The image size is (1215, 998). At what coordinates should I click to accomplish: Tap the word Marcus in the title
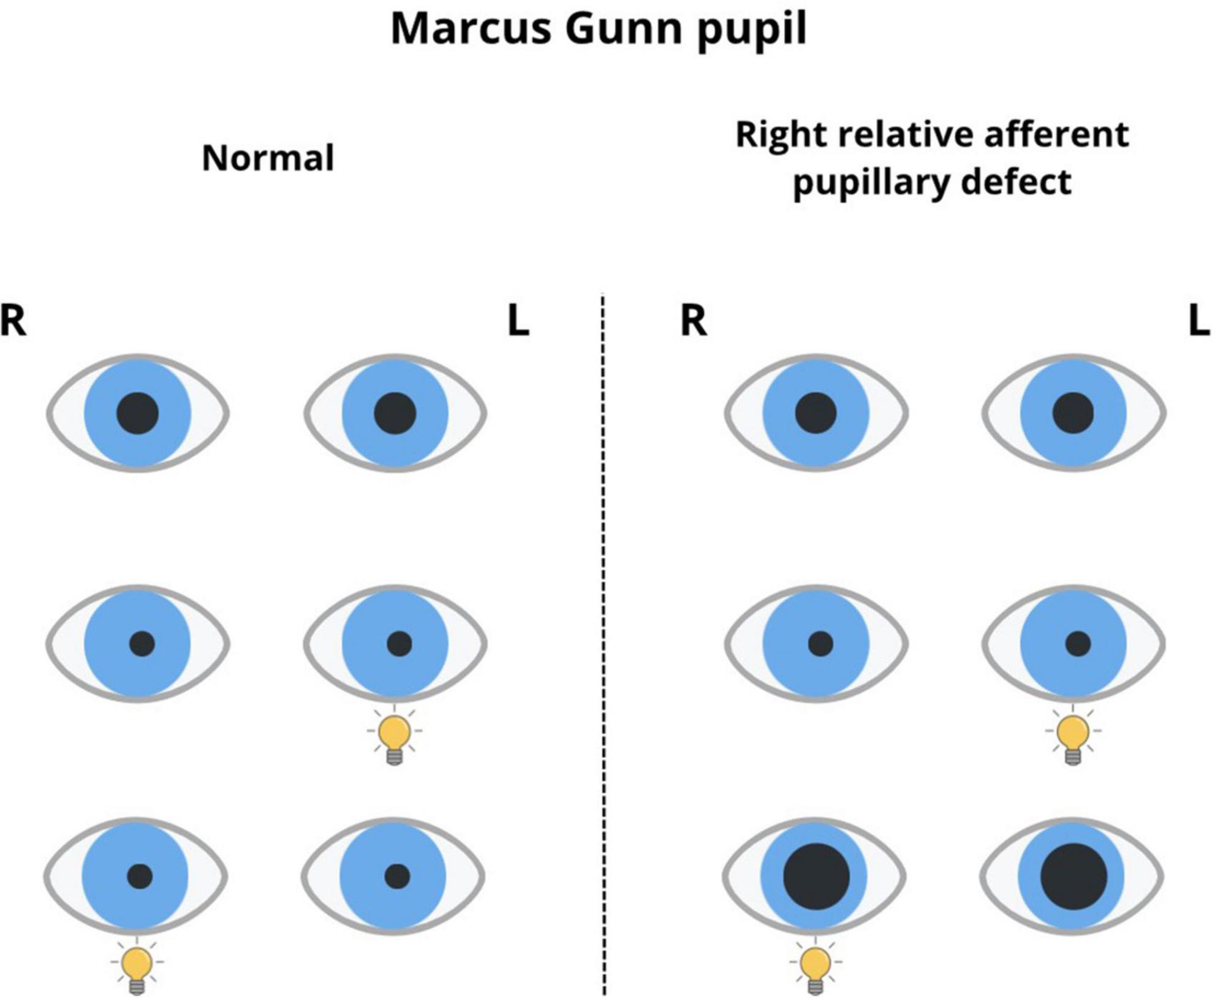pyautogui.click(x=471, y=28)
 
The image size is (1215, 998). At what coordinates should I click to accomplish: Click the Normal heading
pyautogui.click(x=268, y=158)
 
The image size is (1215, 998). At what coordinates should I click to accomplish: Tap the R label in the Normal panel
pyautogui.click(x=13, y=321)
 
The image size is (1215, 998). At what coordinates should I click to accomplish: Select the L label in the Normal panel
pyautogui.click(x=518, y=321)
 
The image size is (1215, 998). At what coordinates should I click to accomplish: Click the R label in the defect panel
pyautogui.click(x=694, y=321)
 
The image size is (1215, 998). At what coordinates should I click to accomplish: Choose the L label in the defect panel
pyautogui.click(x=1198, y=321)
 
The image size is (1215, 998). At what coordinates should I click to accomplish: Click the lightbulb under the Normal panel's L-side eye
pyautogui.click(x=395, y=739)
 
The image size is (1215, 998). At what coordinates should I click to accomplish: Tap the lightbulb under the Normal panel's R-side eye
pyautogui.click(x=137, y=969)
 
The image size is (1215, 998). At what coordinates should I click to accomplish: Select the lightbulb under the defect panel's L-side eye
pyautogui.click(x=1072, y=739)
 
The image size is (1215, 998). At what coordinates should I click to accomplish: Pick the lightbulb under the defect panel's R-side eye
pyautogui.click(x=815, y=969)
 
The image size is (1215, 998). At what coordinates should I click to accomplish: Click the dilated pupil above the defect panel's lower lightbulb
pyautogui.click(x=816, y=876)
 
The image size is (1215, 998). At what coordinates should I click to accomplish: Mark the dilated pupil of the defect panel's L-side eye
pyautogui.click(x=1073, y=876)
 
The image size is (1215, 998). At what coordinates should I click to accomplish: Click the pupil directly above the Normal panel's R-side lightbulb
pyautogui.click(x=140, y=876)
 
